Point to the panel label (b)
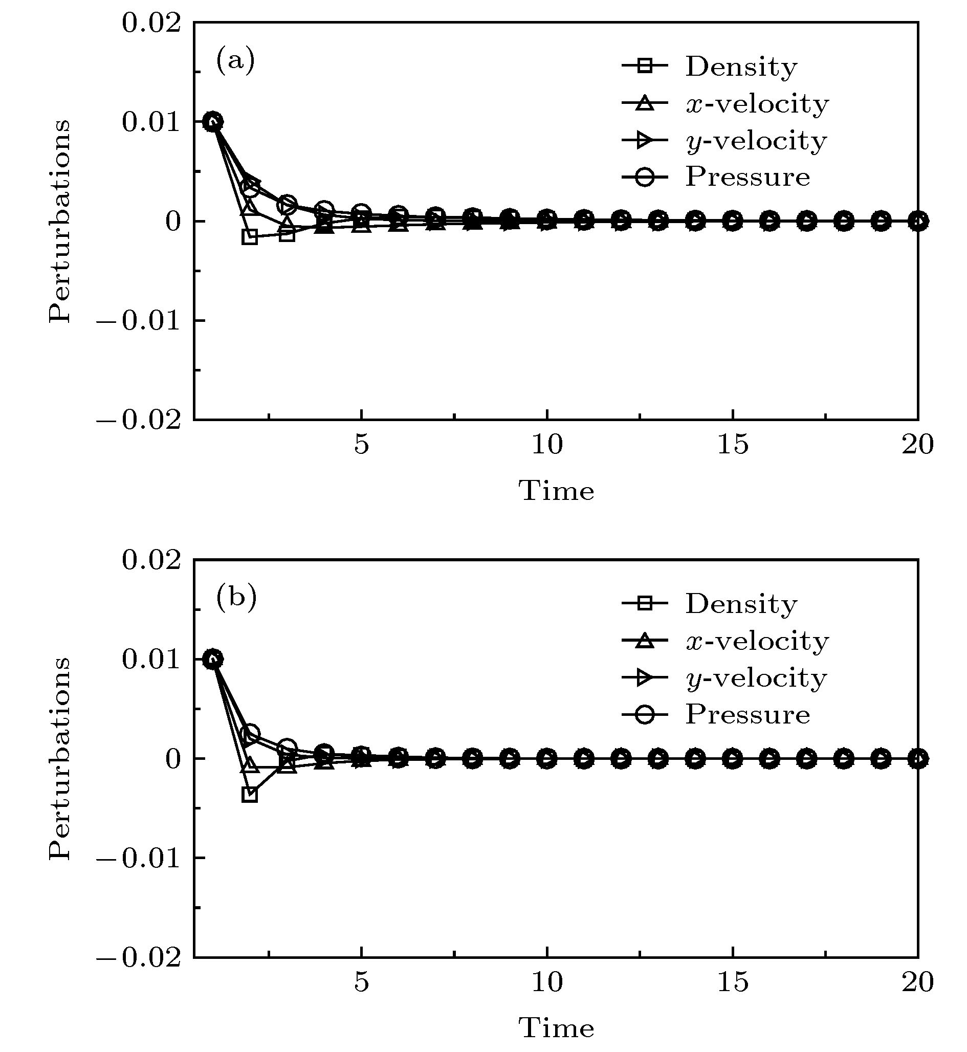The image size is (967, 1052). click(236, 598)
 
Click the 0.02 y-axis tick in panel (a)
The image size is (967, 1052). click(151, 24)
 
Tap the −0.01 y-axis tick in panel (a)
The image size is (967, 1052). click(140, 320)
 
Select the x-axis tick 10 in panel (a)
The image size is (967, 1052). click(547, 445)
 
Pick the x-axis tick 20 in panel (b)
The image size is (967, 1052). click(917, 982)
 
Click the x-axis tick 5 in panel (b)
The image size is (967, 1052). click(361, 982)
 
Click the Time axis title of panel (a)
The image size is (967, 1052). click(556, 491)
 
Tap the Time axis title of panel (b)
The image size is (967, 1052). click(556, 1028)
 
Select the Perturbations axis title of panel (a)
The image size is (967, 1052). click(59, 221)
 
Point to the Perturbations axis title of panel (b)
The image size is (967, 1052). click(59, 758)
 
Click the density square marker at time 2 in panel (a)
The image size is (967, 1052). click(250, 236)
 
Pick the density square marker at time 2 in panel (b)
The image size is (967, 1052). click(250, 795)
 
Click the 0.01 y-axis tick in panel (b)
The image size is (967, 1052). click(151, 660)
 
